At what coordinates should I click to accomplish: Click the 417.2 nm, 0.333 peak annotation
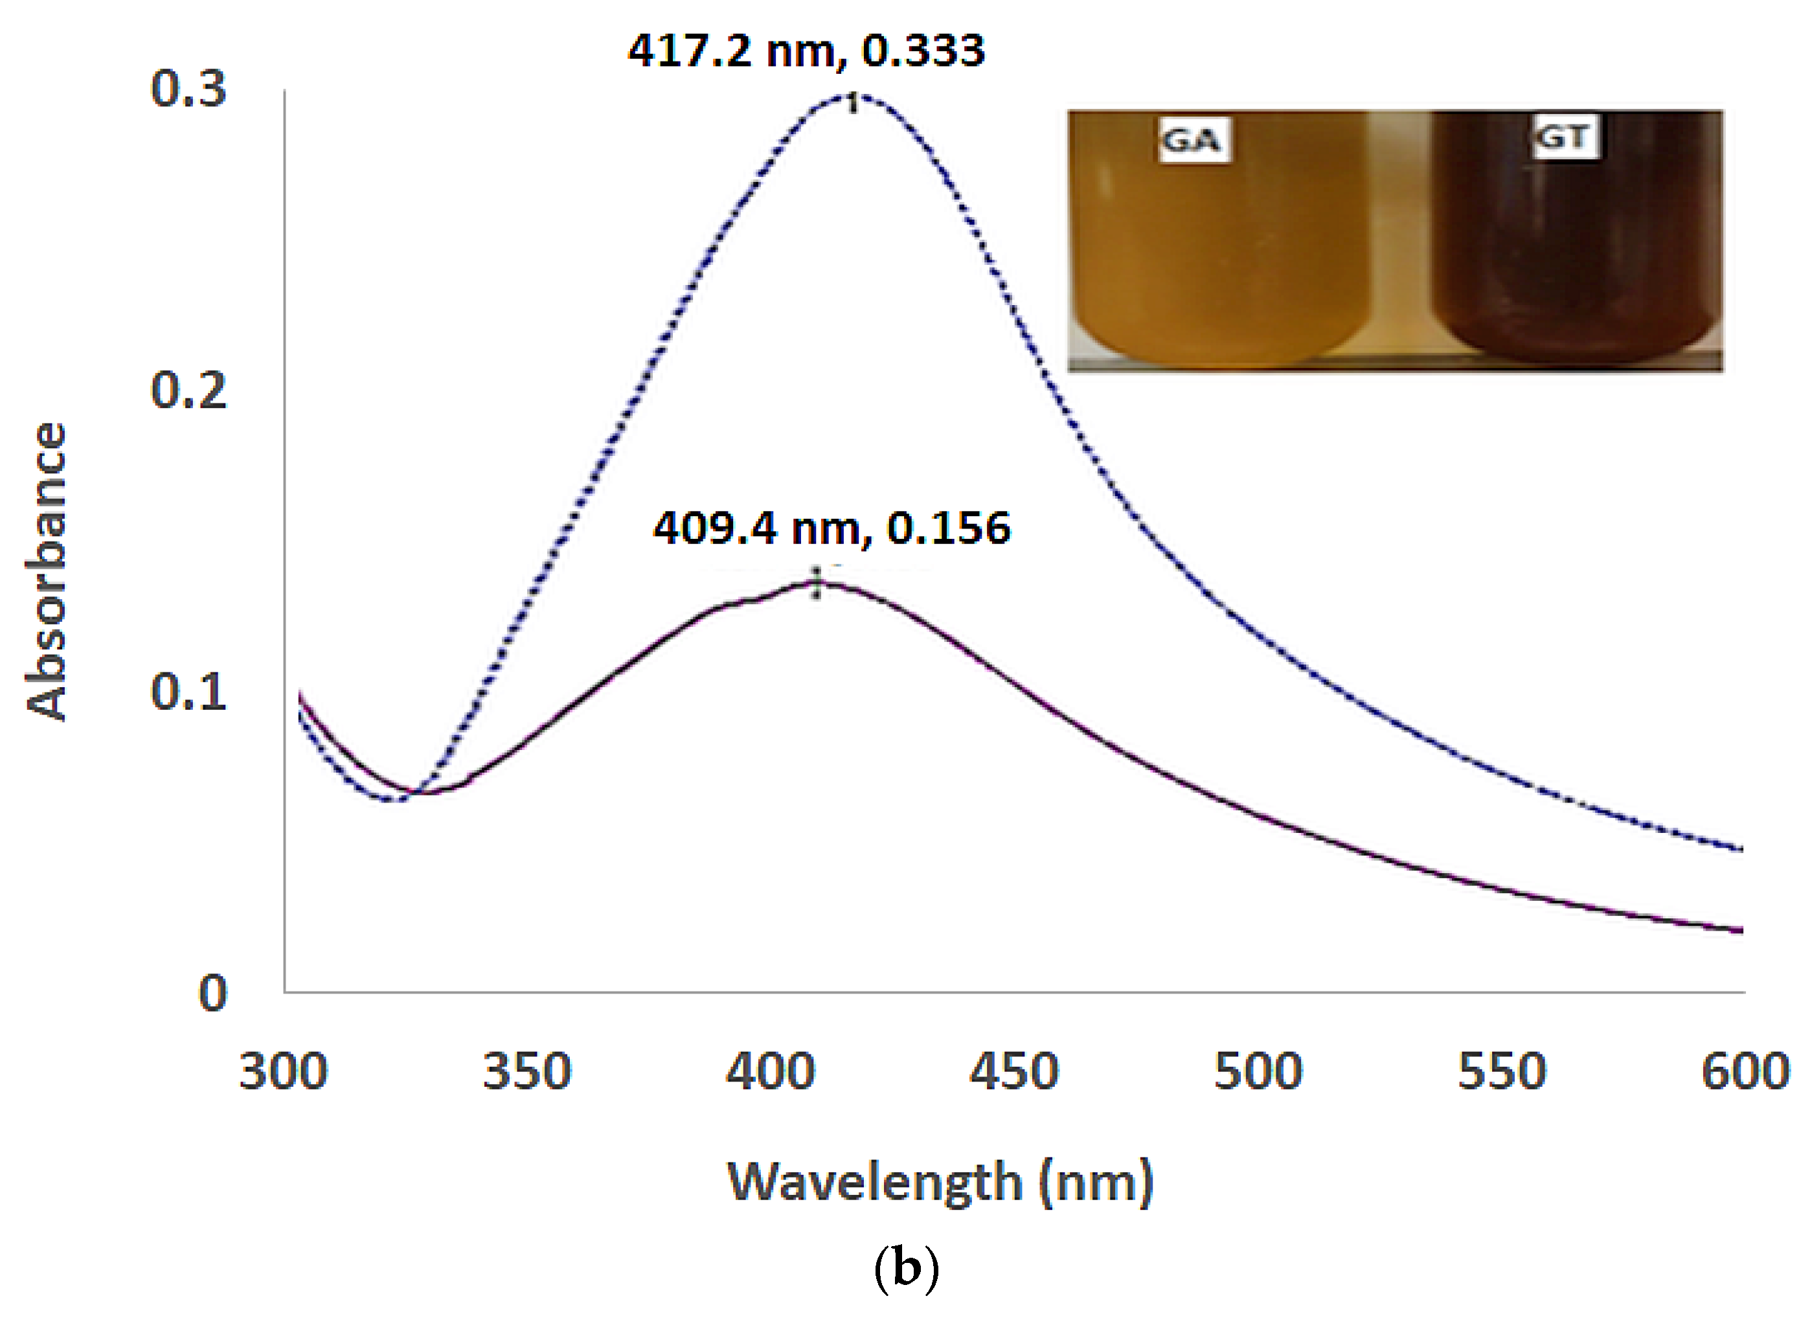pos(806,51)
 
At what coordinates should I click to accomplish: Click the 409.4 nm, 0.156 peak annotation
pos(831,528)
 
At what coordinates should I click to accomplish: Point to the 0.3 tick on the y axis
pos(188,89)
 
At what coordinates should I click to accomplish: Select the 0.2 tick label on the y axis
pos(188,391)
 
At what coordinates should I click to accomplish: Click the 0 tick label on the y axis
pos(212,994)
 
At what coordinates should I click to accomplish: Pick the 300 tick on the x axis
pos(282,1071)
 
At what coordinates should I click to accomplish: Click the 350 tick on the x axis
pos(526,1071)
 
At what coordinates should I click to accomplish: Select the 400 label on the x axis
pos(770,1071)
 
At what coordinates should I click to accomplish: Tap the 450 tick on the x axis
pos(1013,1071)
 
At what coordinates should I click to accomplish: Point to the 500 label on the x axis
pos(1258,1071)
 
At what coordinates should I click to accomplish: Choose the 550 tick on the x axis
pos(1501,1071)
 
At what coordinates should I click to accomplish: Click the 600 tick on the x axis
pos(1745,1071)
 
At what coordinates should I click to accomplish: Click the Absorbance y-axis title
pos(46,572)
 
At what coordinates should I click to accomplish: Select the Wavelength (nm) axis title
pos(940,1182)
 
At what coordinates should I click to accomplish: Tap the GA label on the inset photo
pos(1193,141)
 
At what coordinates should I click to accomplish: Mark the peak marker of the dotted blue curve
pos(852,102)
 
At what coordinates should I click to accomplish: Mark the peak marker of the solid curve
pos(817,584)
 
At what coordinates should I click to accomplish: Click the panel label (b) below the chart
pos(906,1267)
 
